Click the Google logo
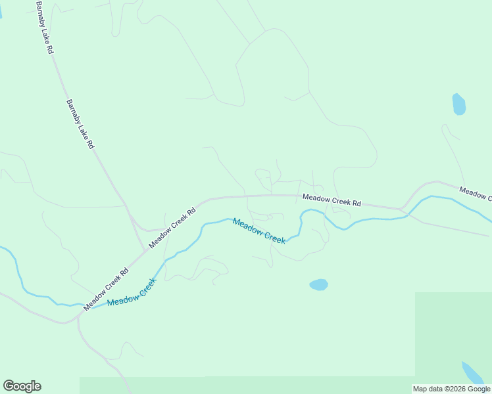pyautogui.click(x=22, y=386)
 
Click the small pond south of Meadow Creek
pyautogui.click(x=318, y=284)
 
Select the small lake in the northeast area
pyautogui.click(x=458, y=104)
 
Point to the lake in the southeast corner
pyautogui.click(x=473, y=374)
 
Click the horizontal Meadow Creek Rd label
pyautogui.click(x=332, y=200)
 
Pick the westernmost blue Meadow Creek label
pyautogui.click(x=132, y=292)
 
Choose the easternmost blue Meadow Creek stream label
pyautogui.click(x=258, y=230)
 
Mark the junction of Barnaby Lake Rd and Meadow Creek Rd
pyautogui.click(x=145, y=251)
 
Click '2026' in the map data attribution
pyautogui.click(x=452, y=389)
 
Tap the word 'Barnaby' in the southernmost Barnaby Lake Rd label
pyautogui.click(x=74, y=112)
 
